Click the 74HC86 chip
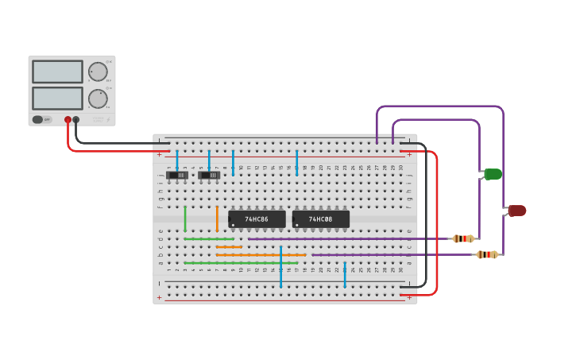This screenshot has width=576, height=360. (x=257, y=219)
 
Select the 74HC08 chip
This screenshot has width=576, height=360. (x=321, y=219)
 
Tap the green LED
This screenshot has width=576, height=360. (x=493, y=174)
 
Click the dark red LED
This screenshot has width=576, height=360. (x=517, y=211)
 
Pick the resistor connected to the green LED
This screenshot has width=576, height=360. (x=464, y=238)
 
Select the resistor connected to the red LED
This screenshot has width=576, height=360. (x=487, y=254)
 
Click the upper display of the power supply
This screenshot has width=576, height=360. (x=57, y=72)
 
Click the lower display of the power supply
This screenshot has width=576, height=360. (x=57, y=99)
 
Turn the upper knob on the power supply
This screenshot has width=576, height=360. (x=98, y=72)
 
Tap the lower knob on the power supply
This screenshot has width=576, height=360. (x=98, y=99)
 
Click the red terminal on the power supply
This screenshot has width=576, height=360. (x=68, y=120)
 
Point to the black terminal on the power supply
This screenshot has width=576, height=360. (x=76, y=120)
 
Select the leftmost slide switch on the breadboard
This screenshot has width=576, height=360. (x=181, y=175)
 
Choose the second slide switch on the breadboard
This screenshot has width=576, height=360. (x=210, y=175)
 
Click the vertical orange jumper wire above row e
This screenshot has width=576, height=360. (x=217, y=219)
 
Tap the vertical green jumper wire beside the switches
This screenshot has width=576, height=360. (x=185, y=219)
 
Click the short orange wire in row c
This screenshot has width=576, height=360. (x=229, y=246)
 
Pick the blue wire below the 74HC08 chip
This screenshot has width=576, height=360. (x=345, y=274)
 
